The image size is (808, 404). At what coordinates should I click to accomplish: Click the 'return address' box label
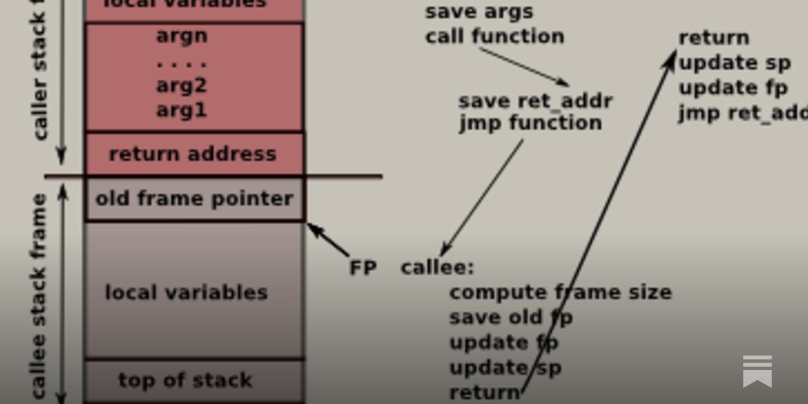point(193,154)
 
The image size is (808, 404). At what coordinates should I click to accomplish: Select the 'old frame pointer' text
point(194,199)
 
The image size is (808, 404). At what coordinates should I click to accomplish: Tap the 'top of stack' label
point(185,380)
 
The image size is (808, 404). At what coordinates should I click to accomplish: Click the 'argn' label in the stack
point(182,36)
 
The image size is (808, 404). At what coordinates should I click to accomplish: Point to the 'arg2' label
point(182,85)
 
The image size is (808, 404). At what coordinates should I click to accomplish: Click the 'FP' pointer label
point(363,268)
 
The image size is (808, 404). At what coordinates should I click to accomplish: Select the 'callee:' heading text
point(437,267)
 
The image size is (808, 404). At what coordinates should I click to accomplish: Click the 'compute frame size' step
point(561,292)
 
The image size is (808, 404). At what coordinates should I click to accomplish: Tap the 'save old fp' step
point(511,318)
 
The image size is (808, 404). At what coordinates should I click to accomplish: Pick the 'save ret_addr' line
point(535,101)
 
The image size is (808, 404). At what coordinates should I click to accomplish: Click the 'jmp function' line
point(530,123)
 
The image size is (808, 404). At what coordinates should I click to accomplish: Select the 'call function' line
point(494,36)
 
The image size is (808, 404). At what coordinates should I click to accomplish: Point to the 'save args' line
point(479,12)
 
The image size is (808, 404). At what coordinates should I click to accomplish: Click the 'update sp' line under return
point(735,63)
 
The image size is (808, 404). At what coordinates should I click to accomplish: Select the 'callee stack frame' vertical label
point(39,295)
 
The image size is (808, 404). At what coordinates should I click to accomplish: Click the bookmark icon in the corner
point(757,371)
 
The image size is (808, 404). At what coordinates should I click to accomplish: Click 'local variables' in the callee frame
point(186,293)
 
